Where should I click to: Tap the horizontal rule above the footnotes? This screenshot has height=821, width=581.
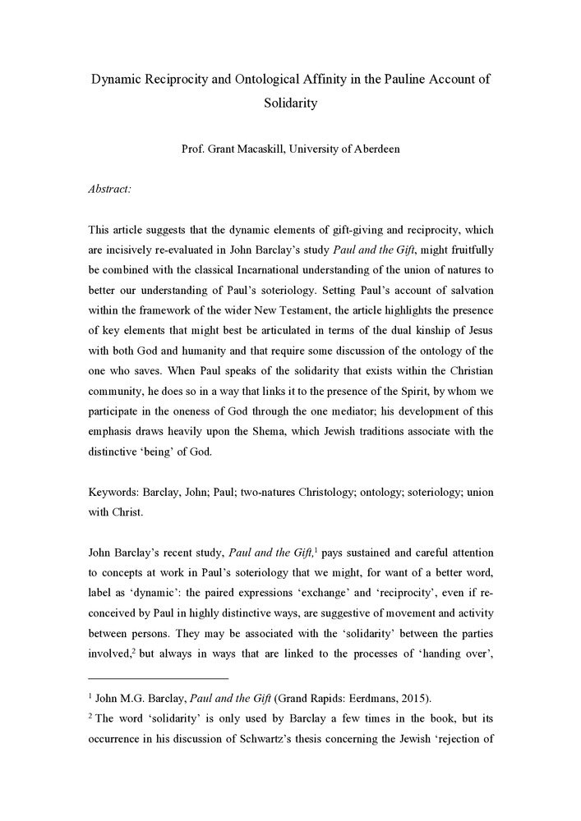(158, 679)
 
